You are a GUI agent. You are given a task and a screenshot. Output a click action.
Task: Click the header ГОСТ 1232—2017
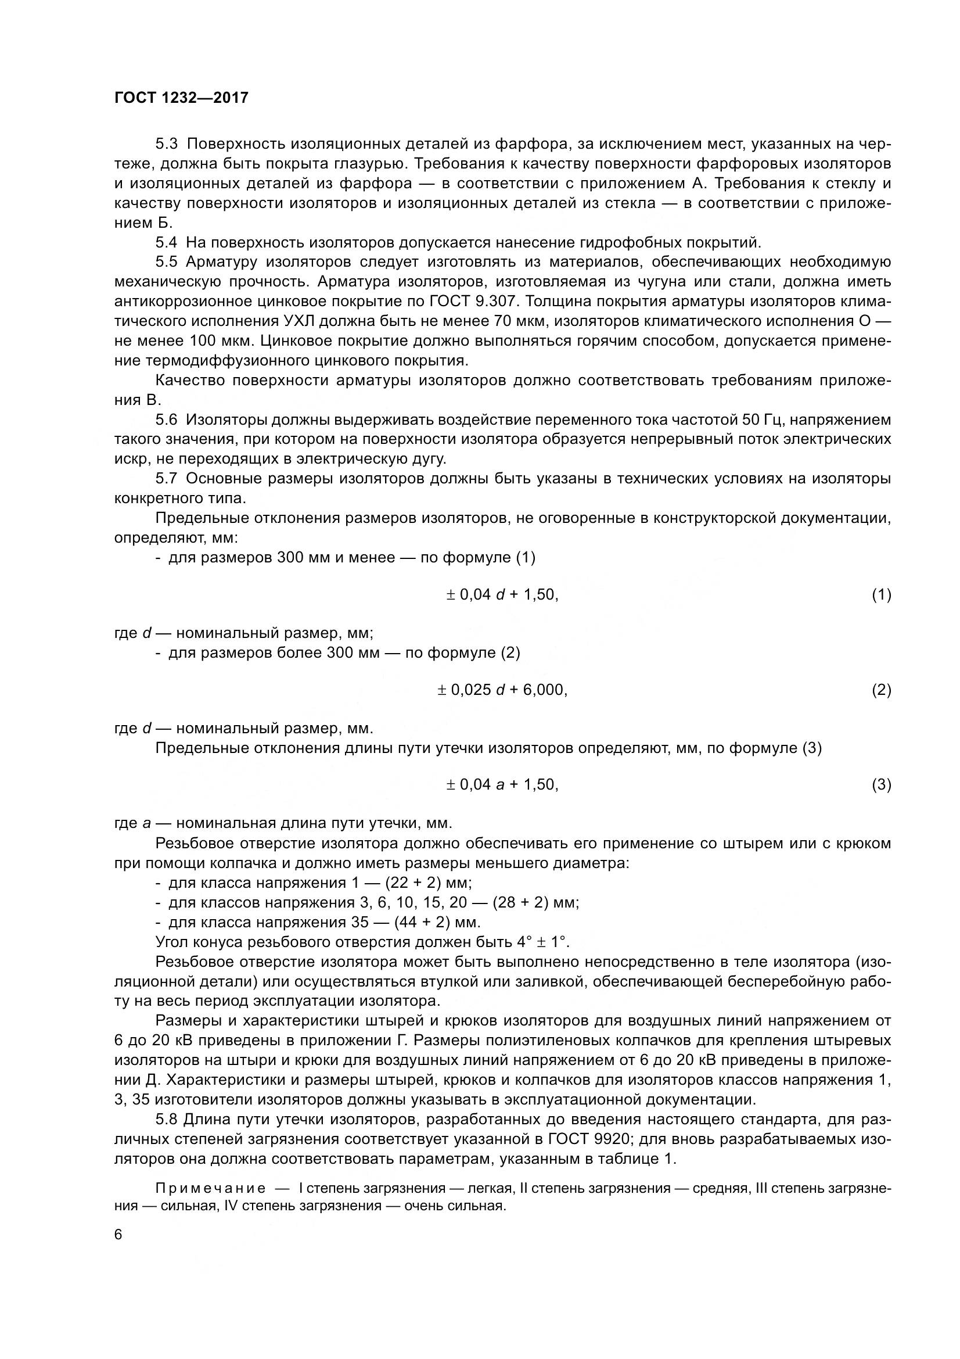tap(181, 98)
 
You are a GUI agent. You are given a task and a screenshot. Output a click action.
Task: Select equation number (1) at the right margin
tap(882, 595)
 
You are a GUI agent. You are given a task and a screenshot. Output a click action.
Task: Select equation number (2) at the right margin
tap(882, 690)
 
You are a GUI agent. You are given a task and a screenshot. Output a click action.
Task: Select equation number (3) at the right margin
tap(882, 785)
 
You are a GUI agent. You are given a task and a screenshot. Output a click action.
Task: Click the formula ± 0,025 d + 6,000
tap(502, 690)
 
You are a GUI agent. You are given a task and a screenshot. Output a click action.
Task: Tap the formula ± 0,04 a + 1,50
tap(502, 785)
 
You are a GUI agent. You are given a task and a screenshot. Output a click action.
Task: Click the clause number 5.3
tap(166, 144)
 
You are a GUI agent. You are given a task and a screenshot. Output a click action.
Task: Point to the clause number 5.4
tap(166, 242)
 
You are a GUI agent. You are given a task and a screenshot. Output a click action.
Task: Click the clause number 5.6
tap(166, 420)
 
